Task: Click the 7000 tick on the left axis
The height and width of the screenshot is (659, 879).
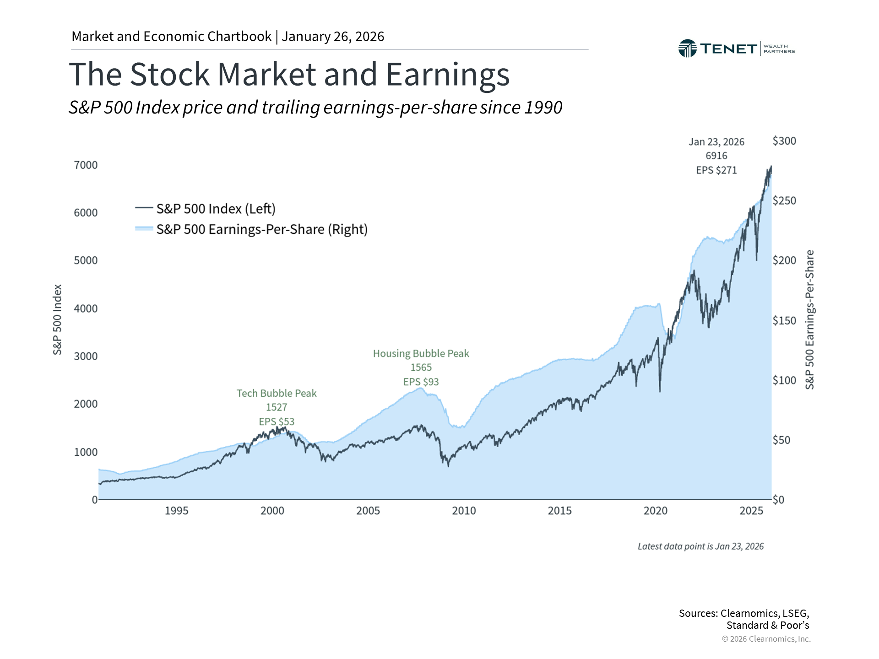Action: (86, 165)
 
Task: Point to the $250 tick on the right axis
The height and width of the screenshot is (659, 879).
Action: (784, 200)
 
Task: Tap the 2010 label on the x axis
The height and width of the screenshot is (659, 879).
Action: (464, 511)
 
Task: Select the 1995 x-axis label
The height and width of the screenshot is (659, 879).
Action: (176, 511)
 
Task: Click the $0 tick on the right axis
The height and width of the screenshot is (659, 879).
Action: (779, 500)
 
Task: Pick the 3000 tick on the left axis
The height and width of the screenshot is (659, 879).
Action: (86, 356)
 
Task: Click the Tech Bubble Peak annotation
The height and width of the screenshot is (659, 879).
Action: (277, 393)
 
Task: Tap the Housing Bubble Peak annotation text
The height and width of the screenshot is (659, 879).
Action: (421, 353)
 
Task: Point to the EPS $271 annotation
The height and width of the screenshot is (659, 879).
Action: (716, 170)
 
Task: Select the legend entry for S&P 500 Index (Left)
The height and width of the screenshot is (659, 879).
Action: (216, 209)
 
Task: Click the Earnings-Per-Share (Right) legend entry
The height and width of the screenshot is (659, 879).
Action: (262, 229)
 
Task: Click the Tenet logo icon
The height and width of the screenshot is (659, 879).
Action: (687, 49)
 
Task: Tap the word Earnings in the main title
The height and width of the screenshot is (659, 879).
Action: (447, 74)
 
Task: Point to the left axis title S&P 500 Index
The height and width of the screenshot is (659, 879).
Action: (57, 319)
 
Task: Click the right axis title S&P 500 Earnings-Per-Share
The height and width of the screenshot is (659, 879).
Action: (809, 319)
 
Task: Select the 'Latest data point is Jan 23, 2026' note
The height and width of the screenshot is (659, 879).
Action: (700, 546)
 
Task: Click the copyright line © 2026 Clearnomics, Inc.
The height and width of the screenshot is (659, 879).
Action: (766, 639)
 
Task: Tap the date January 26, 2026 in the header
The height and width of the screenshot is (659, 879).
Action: (333, 36)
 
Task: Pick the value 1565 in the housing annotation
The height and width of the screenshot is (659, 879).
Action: (421, 367)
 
